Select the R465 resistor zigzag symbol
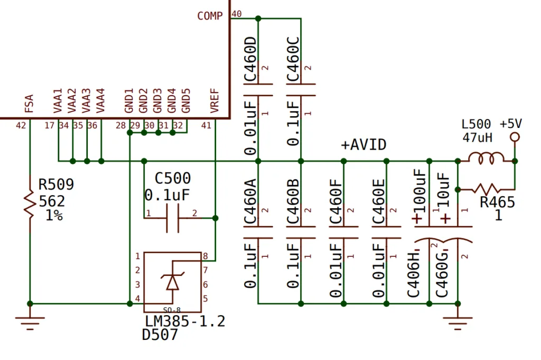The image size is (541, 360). [487, 189]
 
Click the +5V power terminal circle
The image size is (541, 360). [515, 137]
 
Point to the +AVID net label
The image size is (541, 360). [363, 145]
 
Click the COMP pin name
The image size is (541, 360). [210, 16]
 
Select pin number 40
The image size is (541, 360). [236, 14]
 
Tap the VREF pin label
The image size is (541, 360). [214, 101]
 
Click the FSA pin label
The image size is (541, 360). [29, 104]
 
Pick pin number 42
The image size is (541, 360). [21, 125]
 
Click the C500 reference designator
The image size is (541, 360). [173, 179]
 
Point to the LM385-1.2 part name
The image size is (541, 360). [185, 321]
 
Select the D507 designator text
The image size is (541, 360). [160, 335]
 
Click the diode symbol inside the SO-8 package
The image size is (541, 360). [173, 281]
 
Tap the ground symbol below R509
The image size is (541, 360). [30, 322]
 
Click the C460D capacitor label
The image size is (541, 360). [250, 59]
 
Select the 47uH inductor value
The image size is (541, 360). [477, 138]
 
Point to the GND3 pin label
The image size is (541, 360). [157, 101]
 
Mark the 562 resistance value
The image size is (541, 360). [52, 201]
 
